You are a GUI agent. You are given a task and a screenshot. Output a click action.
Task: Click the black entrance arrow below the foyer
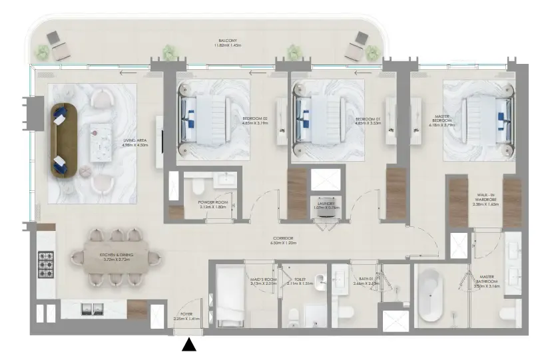pos(190,344)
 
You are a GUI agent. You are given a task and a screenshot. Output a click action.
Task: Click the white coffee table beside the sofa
pos(101,141)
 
